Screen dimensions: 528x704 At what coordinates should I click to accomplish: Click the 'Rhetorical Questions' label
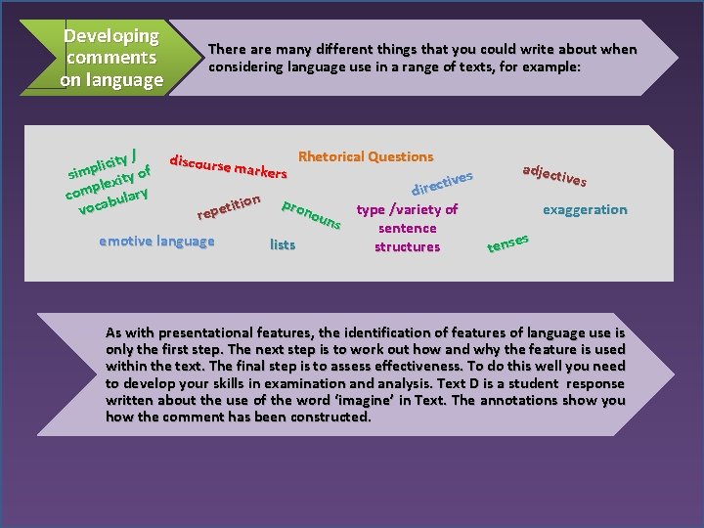pyautogui.click(x=365, y=156)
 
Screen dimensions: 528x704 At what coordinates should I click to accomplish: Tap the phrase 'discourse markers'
pyautogui.click(x=228, y=166)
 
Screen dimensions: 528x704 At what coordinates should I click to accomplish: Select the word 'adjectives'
pyautogui.click(x=554, y=175)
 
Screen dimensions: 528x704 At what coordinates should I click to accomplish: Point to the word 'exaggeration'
pyautogui.click(x=585, y=209)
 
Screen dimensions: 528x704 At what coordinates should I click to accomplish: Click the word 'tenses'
pyautogui.click(x=508, y=242)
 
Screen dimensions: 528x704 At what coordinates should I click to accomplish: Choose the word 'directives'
pyautogui.click(x=443, y=183)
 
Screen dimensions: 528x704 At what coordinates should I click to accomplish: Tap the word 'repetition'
pyautogui.click(x=228, y=206)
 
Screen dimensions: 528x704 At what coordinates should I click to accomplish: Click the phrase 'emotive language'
pyautogui.click(x=156, y=242)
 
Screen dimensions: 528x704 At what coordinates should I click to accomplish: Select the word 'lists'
pyautogui.click(x=282, y=244)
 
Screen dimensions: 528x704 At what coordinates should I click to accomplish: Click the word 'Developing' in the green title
pyautogui.click(x=110, y=36)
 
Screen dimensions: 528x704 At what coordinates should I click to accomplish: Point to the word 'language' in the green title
pyautogui.click(x=125, y=80)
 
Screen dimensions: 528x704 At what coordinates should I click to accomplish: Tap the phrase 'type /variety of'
pyautogui.click(x=407, y=209)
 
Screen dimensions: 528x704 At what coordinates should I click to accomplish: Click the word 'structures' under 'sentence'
pyautogui.click(x=407, y=246)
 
